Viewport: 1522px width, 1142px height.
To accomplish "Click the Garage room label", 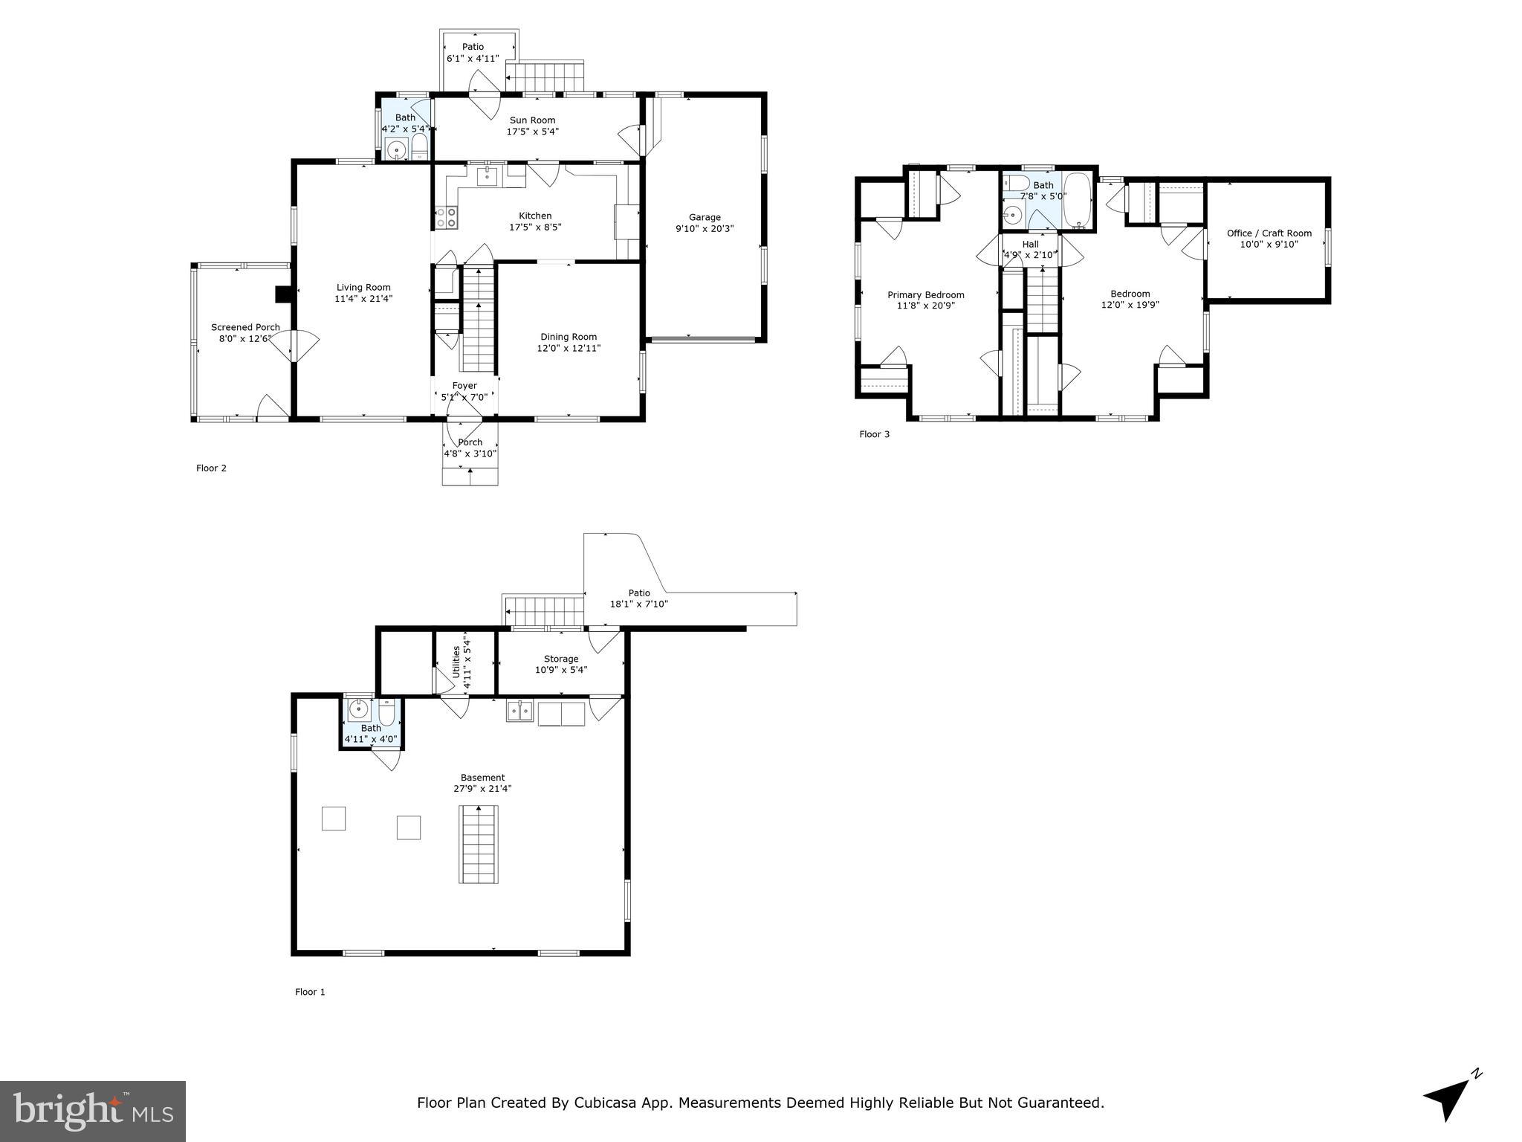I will coord(704,218).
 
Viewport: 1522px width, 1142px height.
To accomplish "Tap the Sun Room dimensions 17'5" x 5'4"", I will coord(532,132).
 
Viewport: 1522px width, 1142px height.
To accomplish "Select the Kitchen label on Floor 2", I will coord(535,216).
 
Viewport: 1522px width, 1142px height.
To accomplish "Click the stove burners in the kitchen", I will coord(446,217).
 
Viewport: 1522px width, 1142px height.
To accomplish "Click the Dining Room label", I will coord(569,337).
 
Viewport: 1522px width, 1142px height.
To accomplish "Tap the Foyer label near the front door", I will coord(464,385).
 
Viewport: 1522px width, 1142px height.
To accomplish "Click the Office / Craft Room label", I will coord(1269,233).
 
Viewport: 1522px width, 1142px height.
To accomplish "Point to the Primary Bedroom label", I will coord(925,294).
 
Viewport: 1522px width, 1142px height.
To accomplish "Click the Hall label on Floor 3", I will coord(1030,244).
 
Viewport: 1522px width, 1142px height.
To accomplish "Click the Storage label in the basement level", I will coord(560,659).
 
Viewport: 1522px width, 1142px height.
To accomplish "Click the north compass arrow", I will coord(1449,1097).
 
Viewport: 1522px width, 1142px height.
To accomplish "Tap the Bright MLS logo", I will coord(93,1111).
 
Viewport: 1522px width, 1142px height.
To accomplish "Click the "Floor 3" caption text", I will coord(874,434).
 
